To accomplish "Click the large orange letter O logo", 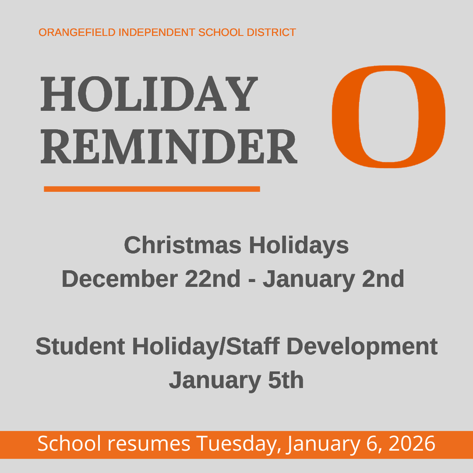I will (388, 116).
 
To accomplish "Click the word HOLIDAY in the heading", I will (149, 95).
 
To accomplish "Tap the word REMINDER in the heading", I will (169, 147).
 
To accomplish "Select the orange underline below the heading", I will (152, 188).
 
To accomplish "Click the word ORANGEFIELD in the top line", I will (77, 33).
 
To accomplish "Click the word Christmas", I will (182, 245).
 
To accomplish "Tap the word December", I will (119, 279).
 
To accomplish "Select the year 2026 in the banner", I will (412, 444).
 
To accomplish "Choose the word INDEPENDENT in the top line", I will (157, 33).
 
